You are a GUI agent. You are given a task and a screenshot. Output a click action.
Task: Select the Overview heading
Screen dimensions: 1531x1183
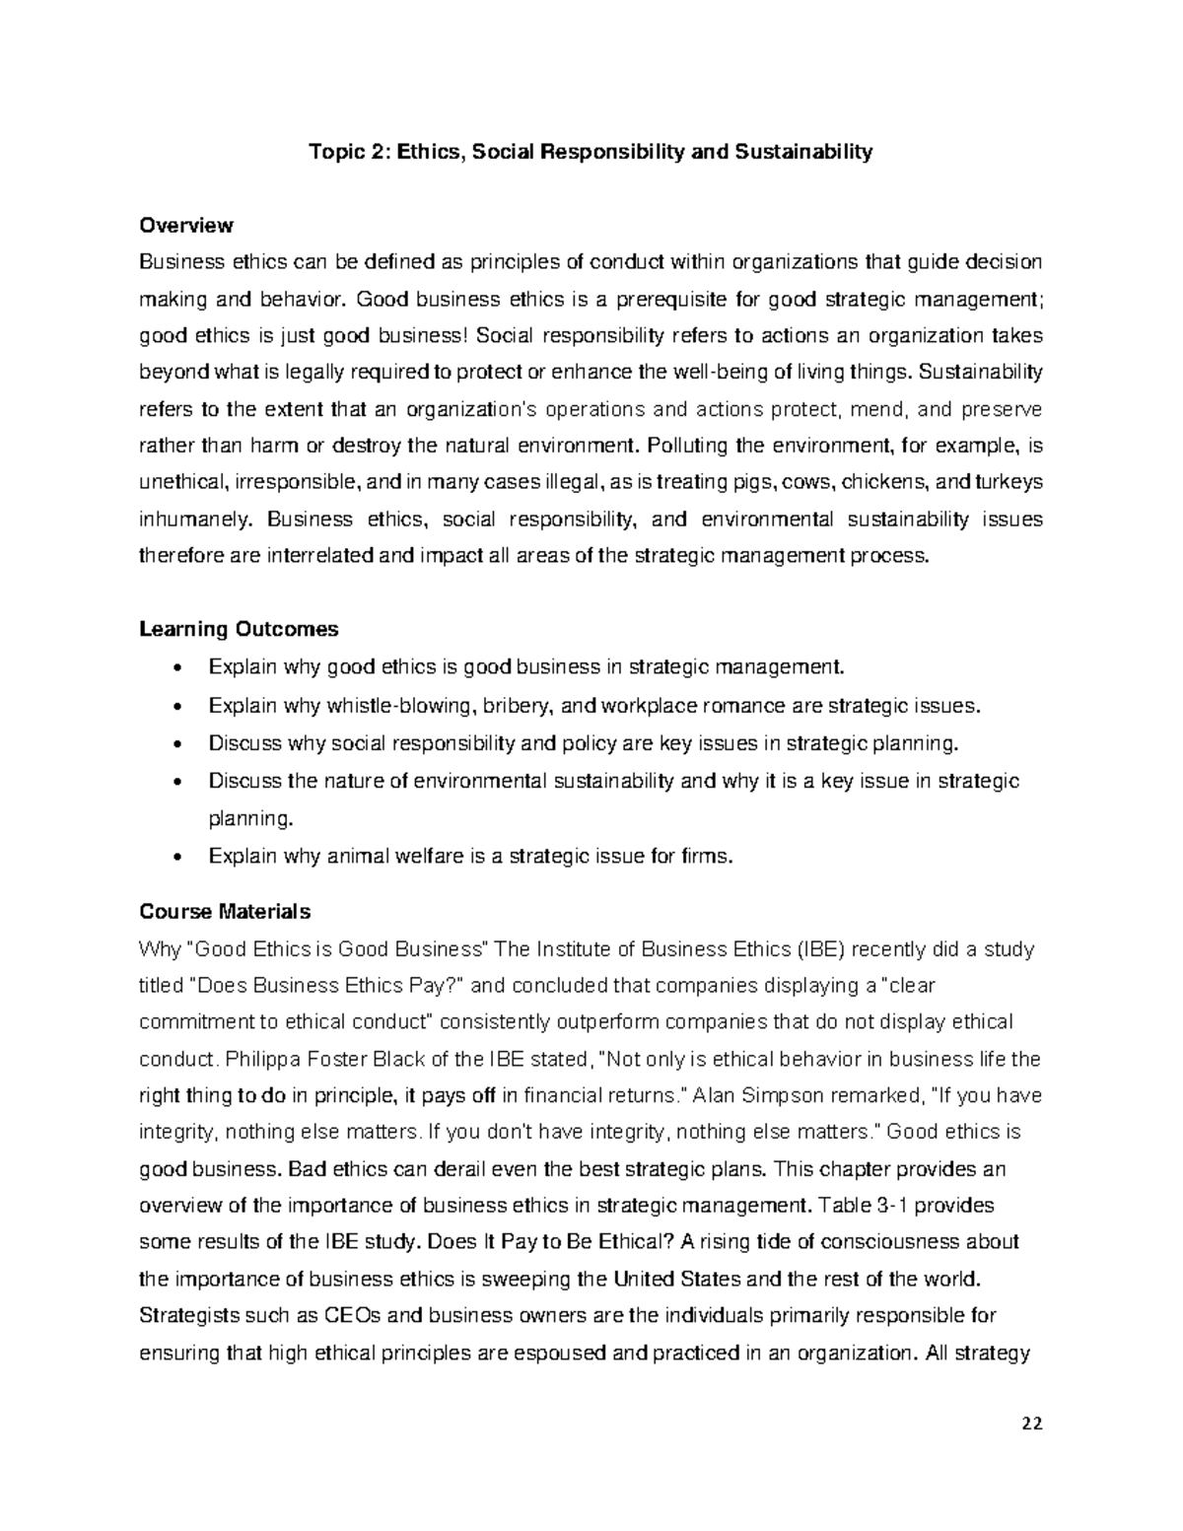pos(186,225)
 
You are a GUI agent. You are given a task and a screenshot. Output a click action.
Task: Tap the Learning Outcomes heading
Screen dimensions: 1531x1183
pos(239,629)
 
